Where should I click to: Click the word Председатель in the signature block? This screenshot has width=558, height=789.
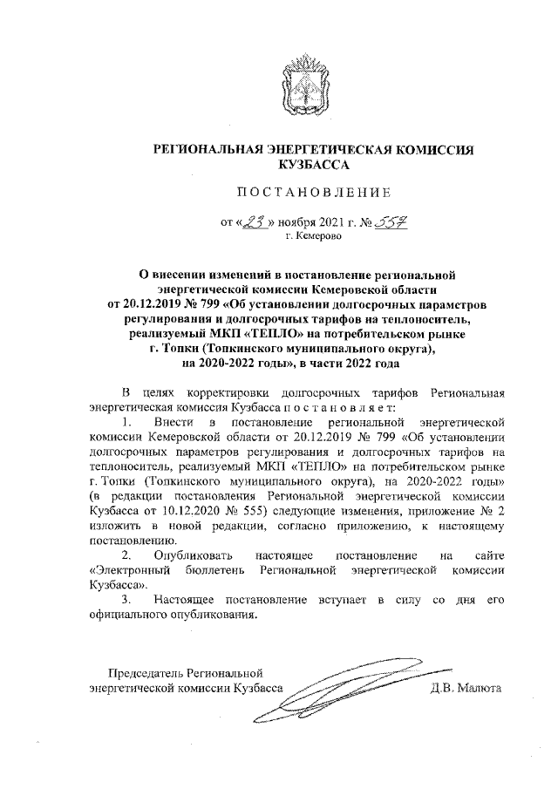tap(145, 672)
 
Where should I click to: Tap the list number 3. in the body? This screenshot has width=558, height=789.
tap(127, 601)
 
